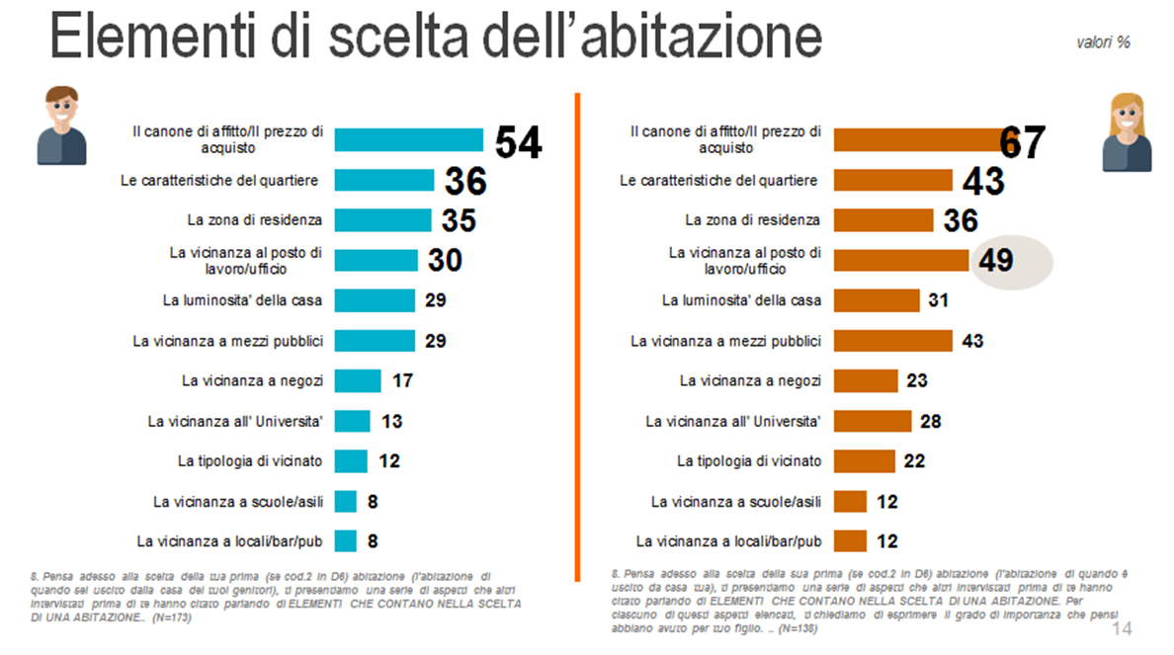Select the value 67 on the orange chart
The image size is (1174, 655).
tap(1022, 142)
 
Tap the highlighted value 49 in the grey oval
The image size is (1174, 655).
tap(997, 261)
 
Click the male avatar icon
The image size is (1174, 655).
tap(62, 125)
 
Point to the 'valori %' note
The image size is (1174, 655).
tap(1104, 42)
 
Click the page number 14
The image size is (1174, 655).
tap(1122, 629)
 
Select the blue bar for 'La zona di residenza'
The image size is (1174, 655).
tap(382, 219)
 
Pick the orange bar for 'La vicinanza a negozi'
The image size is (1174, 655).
tap(866, 380)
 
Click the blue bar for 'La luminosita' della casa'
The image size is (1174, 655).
tap(375, 300)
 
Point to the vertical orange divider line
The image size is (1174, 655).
tap(576, 336)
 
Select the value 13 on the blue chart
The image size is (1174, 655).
tap(391, 421)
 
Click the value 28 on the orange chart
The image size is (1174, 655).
tap(930, 421)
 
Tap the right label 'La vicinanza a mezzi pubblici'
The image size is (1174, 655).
tap(725, 341)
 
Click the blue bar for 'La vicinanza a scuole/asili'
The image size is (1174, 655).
tap(345, 501)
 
